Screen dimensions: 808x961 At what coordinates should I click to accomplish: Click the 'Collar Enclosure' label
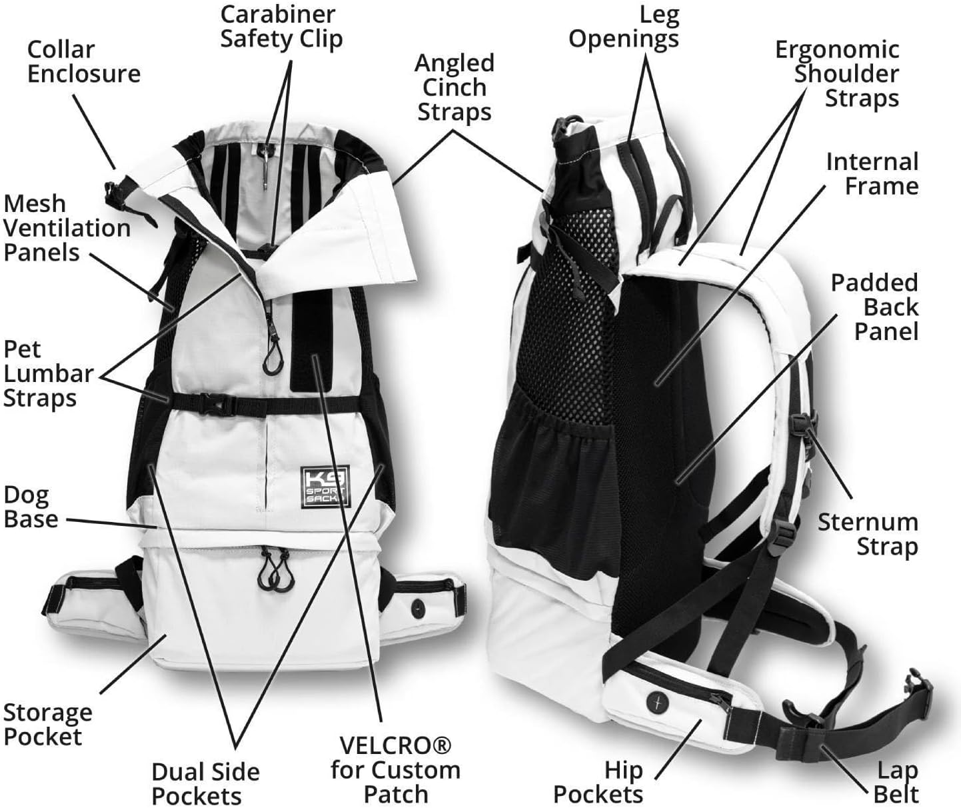84,61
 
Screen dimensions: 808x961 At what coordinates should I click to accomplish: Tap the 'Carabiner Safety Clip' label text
281,27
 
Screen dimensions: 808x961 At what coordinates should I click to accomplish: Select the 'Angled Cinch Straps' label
455,87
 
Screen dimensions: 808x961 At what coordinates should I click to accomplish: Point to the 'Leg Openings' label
624,27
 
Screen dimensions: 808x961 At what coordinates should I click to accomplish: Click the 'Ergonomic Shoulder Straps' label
838,74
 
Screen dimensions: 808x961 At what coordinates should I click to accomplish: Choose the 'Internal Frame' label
872,173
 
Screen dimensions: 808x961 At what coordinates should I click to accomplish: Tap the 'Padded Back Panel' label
874,307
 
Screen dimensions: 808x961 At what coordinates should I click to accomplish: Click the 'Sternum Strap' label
868,534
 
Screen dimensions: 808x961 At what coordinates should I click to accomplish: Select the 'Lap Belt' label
896,781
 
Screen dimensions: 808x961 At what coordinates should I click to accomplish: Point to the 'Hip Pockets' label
598,781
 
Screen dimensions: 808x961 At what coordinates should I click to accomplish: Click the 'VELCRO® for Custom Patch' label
395,769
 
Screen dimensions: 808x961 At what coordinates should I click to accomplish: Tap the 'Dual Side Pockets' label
205,783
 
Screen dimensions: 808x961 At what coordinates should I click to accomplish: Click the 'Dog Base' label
31,507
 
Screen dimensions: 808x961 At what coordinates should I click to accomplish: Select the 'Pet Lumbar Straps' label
48,373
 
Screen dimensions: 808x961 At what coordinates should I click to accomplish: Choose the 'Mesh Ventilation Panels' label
67,227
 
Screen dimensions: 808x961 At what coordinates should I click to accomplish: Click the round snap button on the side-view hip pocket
656,703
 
